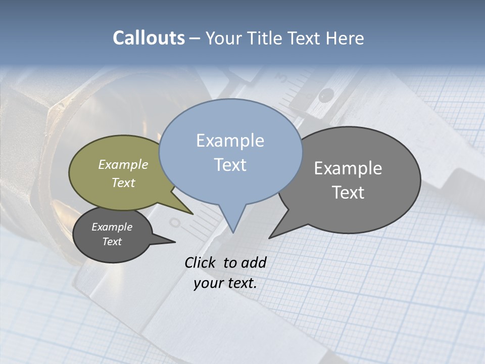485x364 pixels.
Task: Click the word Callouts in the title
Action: (x=149, y=38)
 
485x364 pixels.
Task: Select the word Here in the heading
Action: (x=346, y=38)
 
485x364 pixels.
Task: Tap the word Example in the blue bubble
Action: (x=230, y=141)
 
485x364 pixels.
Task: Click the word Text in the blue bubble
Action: (x=230, y=165)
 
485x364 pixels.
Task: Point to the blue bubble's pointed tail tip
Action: (x=233, y=233)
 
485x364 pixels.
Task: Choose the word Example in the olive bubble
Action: (x=123, y=165)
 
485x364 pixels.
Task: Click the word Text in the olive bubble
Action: (x=123, y=183)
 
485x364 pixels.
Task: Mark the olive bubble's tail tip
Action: (x=193, y=214)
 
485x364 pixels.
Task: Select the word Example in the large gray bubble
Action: (x=348, y=168)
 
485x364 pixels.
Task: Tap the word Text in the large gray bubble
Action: (x=348, y=193)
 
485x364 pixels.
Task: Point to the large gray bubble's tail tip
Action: (x=269, y=238)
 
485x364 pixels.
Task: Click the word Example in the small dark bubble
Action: (x=112, y=227)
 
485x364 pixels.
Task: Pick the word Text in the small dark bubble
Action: (x=112, y=242)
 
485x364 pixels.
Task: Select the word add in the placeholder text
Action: (x=253, y=262)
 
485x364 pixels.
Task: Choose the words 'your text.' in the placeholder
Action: (x=225, y=283)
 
